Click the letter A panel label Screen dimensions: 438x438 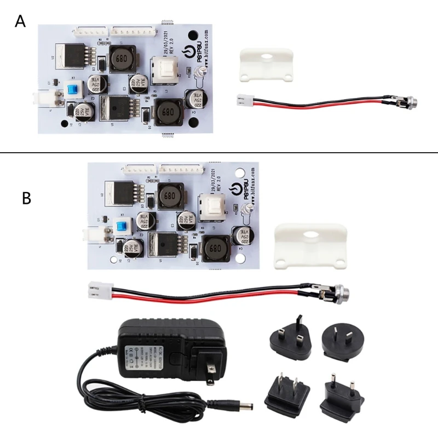tap(20, 21)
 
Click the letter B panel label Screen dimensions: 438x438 tap(26, 198)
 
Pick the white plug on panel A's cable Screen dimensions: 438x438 tap(243, 100)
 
